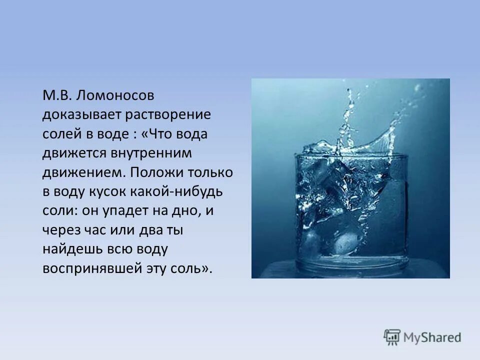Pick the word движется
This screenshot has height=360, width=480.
(x=69, y=153)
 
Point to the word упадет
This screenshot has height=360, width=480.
(x=125, y=210)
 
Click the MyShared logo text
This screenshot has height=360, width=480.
(x=432, y=337)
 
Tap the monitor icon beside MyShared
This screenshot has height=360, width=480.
(x=392, y=336)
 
